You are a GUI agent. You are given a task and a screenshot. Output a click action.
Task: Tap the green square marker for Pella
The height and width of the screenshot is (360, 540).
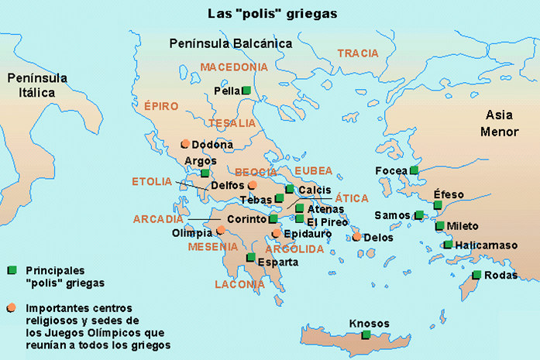click(x=246, y=91)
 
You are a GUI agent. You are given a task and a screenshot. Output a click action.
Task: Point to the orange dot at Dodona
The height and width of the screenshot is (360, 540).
click(x=184, y=144)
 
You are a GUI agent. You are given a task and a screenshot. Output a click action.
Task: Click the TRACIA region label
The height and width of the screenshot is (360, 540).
click(x=358, y=53)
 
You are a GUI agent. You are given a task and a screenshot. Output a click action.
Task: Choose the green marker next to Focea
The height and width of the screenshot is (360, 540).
click(x=414, y=170)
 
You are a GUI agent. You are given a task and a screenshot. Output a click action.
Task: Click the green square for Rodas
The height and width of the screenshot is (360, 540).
click(x=476, y=275)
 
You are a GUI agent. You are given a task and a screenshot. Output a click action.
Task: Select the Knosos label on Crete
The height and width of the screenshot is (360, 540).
click(x=369, y=323)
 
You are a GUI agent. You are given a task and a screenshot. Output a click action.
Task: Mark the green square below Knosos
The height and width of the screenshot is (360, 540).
click(x=366, y=334)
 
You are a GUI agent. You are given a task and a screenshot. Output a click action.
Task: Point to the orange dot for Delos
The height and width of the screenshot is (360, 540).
click(x=356, y=237)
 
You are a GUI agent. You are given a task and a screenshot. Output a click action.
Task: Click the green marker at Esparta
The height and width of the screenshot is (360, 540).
click(x=250, y=258)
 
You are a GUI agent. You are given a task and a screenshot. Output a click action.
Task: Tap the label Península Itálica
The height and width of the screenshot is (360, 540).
click(x=37, y=85)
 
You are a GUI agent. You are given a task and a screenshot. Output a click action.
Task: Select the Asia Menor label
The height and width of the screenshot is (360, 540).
click(x=499, y=123)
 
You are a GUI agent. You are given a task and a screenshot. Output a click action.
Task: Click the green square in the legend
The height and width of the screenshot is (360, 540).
click(x=12, y=270)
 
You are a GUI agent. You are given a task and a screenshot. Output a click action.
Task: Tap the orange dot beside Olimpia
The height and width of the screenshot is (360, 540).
click(x=221, y=230)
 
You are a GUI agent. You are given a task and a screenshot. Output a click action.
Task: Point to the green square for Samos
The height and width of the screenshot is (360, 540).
click(x=419, y=215)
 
